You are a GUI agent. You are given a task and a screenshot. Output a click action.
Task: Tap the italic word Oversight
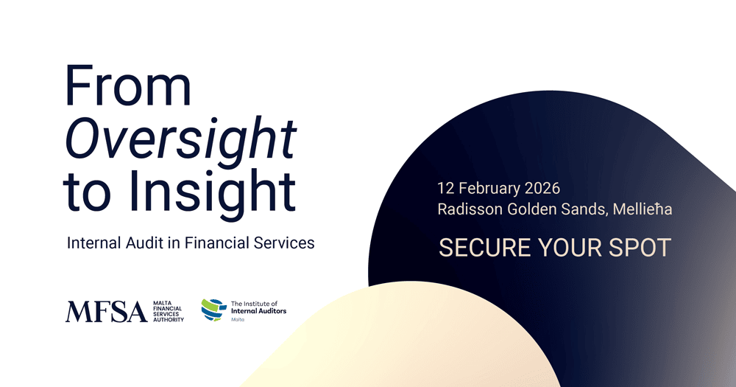180,138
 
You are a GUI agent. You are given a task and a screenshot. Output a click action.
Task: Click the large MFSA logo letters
106,311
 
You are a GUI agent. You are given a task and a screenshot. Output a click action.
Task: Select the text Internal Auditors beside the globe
258,312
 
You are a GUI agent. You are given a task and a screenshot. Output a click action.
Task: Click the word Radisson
469,209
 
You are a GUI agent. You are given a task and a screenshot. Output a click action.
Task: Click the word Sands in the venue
585,209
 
